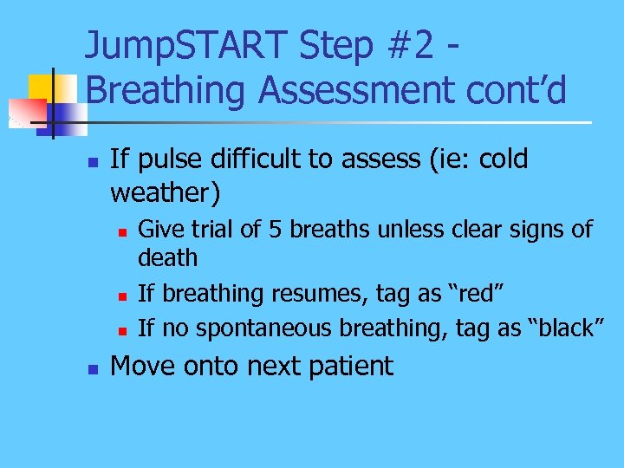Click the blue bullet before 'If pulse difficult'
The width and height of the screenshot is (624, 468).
point(94,161)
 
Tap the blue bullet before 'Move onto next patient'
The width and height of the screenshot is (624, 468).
point(94,367)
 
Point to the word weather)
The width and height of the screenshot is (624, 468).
point(166,189)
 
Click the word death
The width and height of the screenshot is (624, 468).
point(168,257)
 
